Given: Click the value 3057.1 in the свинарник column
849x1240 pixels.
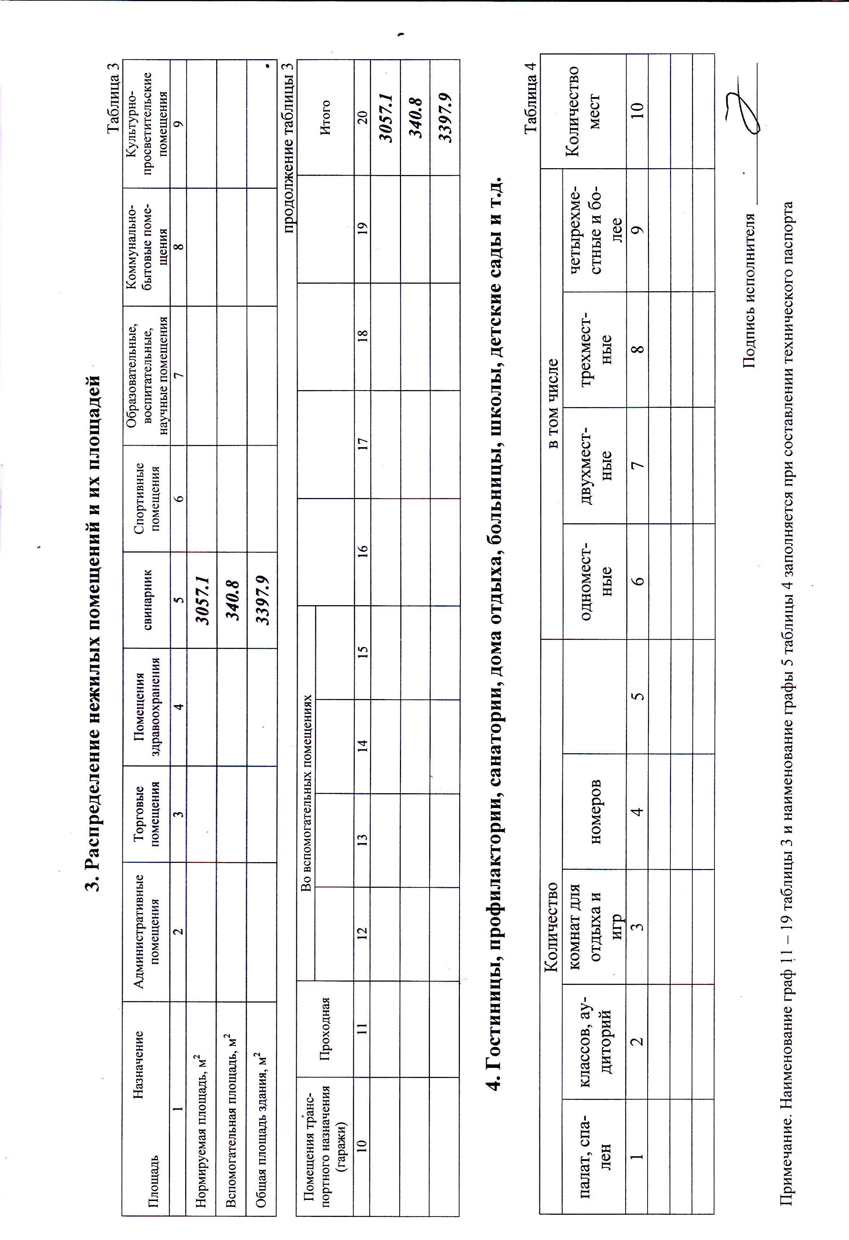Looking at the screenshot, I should (202, 600).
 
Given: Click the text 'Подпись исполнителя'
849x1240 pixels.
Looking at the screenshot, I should (749, 291).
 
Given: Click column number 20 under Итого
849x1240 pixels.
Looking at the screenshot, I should (362, 117).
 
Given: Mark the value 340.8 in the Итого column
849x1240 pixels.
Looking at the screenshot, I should (415, 117).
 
